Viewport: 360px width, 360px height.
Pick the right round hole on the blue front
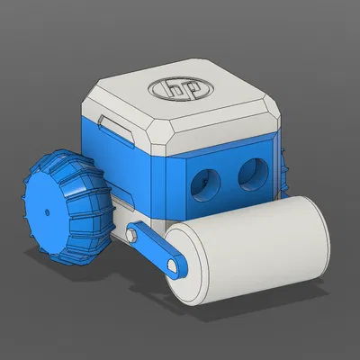[x=253, y=172]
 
